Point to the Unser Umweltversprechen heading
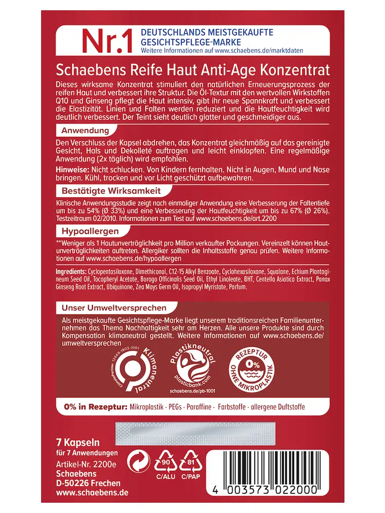click(x=114, y=308)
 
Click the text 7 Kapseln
click(x=78, y=442)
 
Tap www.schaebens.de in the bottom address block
click(x=92, y=492)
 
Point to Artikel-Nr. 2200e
click(x=86, y=464)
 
